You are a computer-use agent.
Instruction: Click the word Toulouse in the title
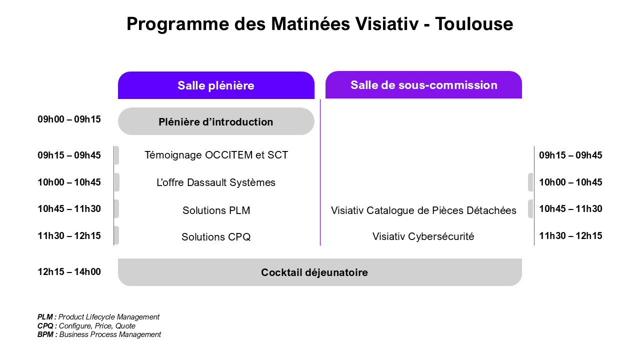tap(474, 23)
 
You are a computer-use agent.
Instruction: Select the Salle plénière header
tap(216, 85)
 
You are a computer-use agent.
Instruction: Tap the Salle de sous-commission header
tap(423, 85)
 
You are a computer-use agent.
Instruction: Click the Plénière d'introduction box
tap(216, 121)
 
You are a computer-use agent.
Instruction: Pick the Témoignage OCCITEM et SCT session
tap(216, 155)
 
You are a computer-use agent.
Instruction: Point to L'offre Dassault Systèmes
tap(216, 182)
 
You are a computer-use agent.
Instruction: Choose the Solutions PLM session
tap(216, 210)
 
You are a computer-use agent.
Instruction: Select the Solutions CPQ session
tap(216, 237)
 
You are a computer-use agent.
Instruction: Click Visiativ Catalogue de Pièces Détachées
tap(423, 210)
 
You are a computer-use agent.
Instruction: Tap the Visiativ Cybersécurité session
tap(423, 236)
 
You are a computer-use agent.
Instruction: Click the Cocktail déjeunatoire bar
tap(320, 272)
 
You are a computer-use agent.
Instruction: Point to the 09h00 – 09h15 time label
tap(69, 119)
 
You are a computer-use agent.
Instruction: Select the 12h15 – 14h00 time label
tap(69, 271)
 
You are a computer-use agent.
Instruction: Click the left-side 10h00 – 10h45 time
tap(69, 182)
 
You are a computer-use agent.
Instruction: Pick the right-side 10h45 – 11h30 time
tap(570, 209)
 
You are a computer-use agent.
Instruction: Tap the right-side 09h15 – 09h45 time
tap(570, 155)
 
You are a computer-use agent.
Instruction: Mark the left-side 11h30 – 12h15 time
tap(69, 235)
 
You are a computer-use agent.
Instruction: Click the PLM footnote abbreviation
tap(45, 317)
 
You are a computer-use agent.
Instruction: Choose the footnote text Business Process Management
tap(110, 334)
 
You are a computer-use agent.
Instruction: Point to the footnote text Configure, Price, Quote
tap(97, 326)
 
